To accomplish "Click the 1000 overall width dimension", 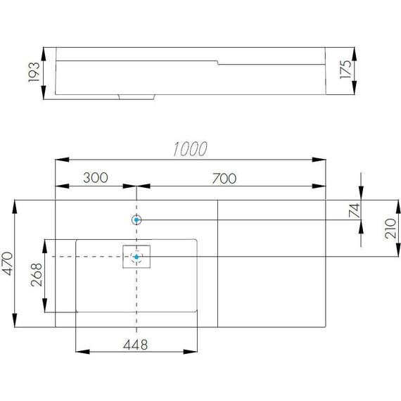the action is [190, 149].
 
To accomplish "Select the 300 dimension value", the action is [96, 178].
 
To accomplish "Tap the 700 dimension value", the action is [224, 179].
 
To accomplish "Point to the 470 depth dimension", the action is [7, 263].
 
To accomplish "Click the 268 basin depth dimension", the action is [37, 274].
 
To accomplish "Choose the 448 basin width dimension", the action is [136, 345].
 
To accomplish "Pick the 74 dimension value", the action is [354, 210].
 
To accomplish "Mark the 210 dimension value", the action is [390, 229].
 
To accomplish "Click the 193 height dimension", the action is [34, 72].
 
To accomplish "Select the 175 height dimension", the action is [345, 70].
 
